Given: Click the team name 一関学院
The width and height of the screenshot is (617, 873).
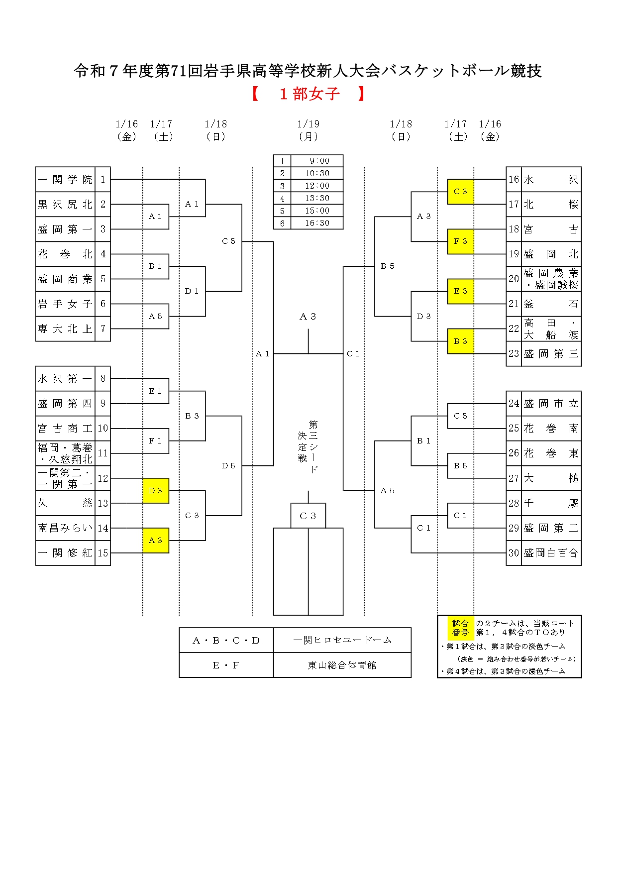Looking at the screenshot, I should (65, 180).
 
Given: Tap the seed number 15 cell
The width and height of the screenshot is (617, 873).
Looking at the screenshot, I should (103, 553).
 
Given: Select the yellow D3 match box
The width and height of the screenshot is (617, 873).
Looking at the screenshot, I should (156, 491).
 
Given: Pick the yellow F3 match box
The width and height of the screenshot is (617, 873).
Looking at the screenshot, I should (460, 241).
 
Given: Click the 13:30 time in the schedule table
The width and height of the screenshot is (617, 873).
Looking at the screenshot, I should (317, 198).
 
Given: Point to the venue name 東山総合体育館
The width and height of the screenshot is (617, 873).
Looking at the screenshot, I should (342, 665).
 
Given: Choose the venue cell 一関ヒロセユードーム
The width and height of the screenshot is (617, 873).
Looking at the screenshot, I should (342, 640).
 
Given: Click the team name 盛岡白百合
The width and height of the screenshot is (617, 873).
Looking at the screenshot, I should (551, 553).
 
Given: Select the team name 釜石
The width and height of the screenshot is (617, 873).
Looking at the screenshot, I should (551, 304).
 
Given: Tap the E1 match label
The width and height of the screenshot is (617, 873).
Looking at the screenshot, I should (156, 391).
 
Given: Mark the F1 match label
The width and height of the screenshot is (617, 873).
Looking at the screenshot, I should (156, 441).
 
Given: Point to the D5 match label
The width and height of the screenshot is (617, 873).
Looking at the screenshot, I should (228, 466).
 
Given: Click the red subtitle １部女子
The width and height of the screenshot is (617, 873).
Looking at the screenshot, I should (309, 94).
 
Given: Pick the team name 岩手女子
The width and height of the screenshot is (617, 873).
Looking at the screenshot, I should (65, 304).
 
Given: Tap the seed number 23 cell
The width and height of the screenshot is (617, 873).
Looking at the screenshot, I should (514, 354).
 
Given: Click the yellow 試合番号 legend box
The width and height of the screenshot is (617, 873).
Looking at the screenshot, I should (460, 628).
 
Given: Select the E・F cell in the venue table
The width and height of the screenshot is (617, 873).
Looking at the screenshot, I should (226, 665).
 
